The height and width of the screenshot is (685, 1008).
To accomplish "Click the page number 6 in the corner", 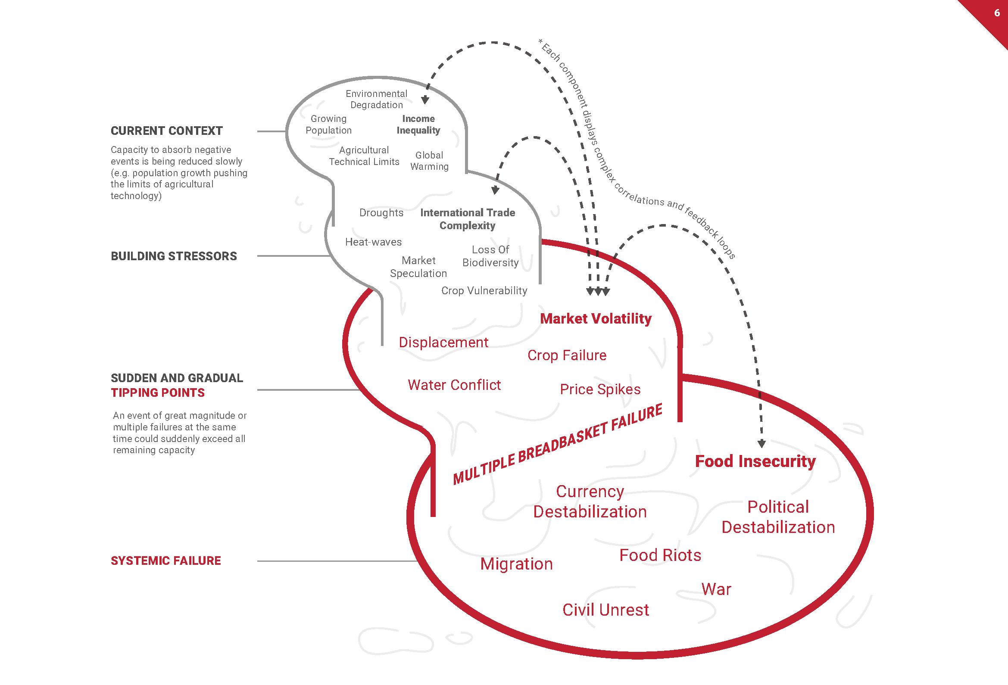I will coord(997,13).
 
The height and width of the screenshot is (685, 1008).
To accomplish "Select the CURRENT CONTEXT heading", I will coord(166,131).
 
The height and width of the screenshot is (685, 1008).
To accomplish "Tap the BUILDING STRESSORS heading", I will coord(174,256).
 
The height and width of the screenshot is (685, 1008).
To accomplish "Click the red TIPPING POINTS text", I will coord(157,393).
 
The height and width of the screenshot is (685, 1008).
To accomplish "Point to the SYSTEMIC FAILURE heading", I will coord(165,561).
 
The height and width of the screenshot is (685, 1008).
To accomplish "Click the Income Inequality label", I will coord(418,125).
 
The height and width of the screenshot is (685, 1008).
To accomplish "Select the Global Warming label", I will coord(429,161).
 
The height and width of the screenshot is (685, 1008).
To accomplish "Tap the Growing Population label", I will coord(328,125).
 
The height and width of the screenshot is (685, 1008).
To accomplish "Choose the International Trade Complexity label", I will coord(468,219).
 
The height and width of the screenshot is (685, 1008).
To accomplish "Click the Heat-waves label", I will coord(374,242).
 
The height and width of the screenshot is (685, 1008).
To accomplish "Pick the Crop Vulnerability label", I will coord(484,290).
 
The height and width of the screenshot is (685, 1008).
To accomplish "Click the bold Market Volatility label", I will coord(596,319).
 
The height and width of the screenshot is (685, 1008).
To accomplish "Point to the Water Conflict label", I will coord(454,385).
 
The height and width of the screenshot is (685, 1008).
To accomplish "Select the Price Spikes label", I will coord(600,389).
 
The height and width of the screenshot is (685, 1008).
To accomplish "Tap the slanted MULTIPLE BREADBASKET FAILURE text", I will coord(557,444).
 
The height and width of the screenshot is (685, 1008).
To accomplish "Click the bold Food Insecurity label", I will coord(755,461).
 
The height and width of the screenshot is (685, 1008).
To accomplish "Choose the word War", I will coord(716,589).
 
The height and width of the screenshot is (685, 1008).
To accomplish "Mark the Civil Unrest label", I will coord(605,610).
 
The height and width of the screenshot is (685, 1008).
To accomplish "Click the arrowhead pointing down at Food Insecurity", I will coord(761,443).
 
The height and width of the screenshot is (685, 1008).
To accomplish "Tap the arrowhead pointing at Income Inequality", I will coord(425,100).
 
